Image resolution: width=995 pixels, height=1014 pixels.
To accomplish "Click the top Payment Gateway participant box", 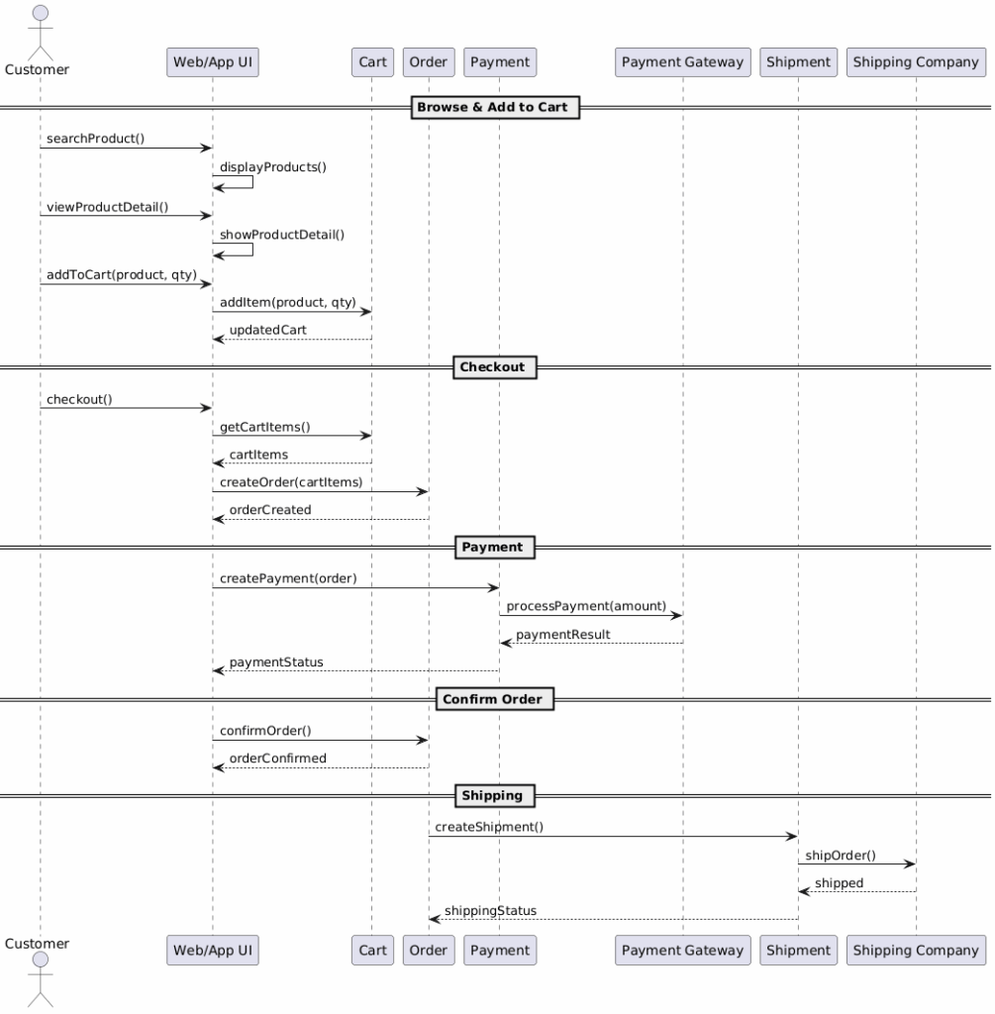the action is click(683, 62).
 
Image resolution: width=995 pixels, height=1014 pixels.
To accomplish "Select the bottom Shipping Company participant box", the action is click(916, 950).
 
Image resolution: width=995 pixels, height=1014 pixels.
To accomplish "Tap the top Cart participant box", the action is click(372, 62).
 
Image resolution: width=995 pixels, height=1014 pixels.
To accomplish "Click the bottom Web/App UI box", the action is click(213, 950).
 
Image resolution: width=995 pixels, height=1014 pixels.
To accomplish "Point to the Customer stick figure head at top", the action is click(40, 13).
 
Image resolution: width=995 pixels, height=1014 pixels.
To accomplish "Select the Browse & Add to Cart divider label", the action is click(495, 107).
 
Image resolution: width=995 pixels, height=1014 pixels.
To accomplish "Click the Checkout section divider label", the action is click(495, 367).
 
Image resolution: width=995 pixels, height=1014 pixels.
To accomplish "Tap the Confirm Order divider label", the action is click(495, 699).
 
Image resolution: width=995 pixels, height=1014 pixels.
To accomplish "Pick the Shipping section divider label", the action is click(495, 795).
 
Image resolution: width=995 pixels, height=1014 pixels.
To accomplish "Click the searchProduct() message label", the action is click(96, 139).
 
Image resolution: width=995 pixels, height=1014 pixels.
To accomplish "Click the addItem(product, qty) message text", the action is click(288, 302).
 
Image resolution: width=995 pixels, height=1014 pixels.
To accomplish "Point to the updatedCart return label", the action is click(267, 330).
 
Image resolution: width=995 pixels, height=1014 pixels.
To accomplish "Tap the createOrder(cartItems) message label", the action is click(291, 482).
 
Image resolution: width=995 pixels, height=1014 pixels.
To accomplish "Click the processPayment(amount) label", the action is click(586, 606).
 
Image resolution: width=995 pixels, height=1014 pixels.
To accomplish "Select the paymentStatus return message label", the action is click(276, 662).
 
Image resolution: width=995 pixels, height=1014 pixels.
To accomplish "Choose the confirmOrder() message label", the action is click(265, 731).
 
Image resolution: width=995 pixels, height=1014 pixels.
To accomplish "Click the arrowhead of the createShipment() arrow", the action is click(793, 836).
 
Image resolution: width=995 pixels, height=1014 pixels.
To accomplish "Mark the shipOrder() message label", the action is click(841, 856).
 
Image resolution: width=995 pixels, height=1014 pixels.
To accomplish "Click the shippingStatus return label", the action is click(490, 911).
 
